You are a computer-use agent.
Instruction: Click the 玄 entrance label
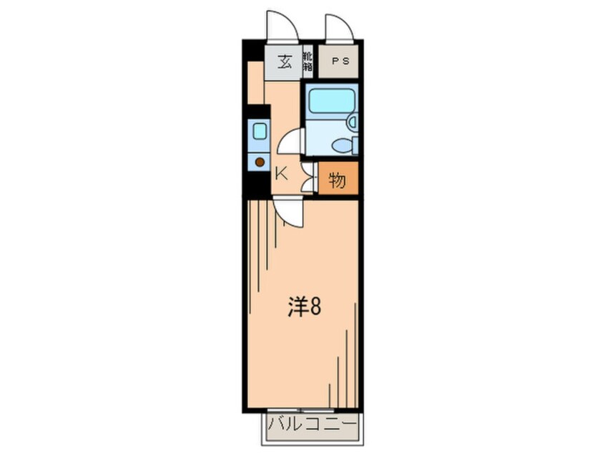coord(284,61)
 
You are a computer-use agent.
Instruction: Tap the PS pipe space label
coord(340,61)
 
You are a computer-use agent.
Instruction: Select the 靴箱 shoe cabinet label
coord(307,61)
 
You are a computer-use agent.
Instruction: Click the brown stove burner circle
coord(260,162)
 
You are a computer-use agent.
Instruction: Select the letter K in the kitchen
coord(281,173)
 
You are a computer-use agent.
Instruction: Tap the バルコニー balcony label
coord(313,426)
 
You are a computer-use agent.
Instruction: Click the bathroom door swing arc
coord(290,141)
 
